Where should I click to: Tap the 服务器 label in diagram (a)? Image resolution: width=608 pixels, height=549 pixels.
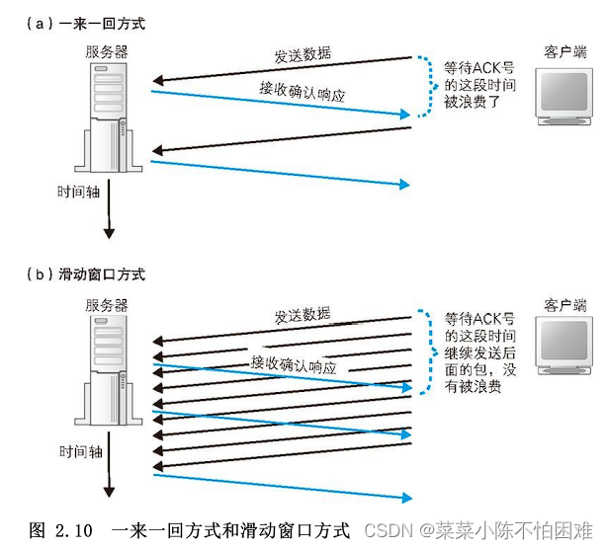[x=106, y=51]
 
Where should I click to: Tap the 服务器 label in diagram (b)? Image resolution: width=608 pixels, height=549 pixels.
[x=106, y=305]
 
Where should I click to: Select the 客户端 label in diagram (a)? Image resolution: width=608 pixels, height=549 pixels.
[x=565, y=50]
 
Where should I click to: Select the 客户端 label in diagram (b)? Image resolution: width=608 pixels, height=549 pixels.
[x=565, y=305]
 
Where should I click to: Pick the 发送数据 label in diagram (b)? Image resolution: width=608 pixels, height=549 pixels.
[x=302, y=316]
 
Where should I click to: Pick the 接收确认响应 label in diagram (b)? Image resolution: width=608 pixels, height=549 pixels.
[x=294, y=362]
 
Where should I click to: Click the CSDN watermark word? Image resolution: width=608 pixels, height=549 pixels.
[x=384, y=531]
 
